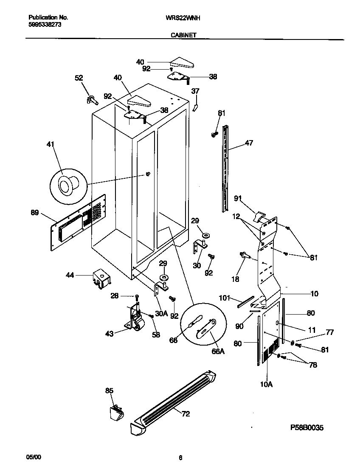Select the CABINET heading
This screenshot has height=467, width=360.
(183, 36)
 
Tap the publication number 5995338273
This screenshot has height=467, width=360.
(45, 25)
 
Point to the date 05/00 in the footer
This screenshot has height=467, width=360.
(34, 457)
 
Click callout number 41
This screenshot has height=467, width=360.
(51, 144)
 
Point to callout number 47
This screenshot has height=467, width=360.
(249, 143)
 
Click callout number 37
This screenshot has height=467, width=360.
(195, 91)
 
